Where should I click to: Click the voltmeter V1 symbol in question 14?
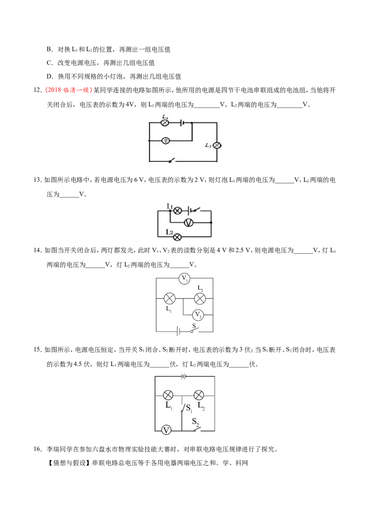[184, 278]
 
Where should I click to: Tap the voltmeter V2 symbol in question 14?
[198, 314]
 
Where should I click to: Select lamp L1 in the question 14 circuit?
[170, 298]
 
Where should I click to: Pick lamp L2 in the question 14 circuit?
[200, 298]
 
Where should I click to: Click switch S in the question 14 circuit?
[194, 330]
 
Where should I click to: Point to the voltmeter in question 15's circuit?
[166, 430]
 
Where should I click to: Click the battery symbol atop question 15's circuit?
[184, 376]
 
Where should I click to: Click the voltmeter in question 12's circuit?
[166, 141]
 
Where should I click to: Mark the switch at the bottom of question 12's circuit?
[171, 161]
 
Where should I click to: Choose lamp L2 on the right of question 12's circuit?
[217, 145]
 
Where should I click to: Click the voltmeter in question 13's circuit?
[189, 223]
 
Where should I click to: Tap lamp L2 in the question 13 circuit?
[178, 237]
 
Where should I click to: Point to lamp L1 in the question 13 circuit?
[178, 210]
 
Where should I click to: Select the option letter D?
[50, 76]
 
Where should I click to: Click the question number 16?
[38, 449]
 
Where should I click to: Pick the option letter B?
[50, 49]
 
